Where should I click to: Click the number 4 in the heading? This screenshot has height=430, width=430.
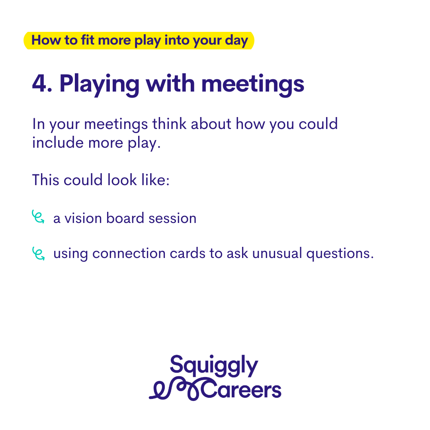point(40,83)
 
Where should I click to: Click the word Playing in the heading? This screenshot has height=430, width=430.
point(100,85)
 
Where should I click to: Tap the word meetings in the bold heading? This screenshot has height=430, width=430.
point(252,85)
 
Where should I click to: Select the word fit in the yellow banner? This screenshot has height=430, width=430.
point(88,40)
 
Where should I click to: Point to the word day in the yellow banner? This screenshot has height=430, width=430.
point(236,41)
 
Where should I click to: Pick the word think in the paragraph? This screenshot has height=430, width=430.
point(169,124)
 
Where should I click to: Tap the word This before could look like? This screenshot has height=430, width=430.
point(45,180)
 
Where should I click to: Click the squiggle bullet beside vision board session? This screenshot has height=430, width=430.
point(38,217)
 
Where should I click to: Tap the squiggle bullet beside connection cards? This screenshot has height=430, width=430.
point(38,253)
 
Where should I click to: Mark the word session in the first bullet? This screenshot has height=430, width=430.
point(172,218)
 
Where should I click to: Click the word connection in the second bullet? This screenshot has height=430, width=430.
point(129,253)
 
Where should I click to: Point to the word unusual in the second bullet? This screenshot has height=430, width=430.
point(277,253)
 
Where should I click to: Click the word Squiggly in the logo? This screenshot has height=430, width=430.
point(214,365)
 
